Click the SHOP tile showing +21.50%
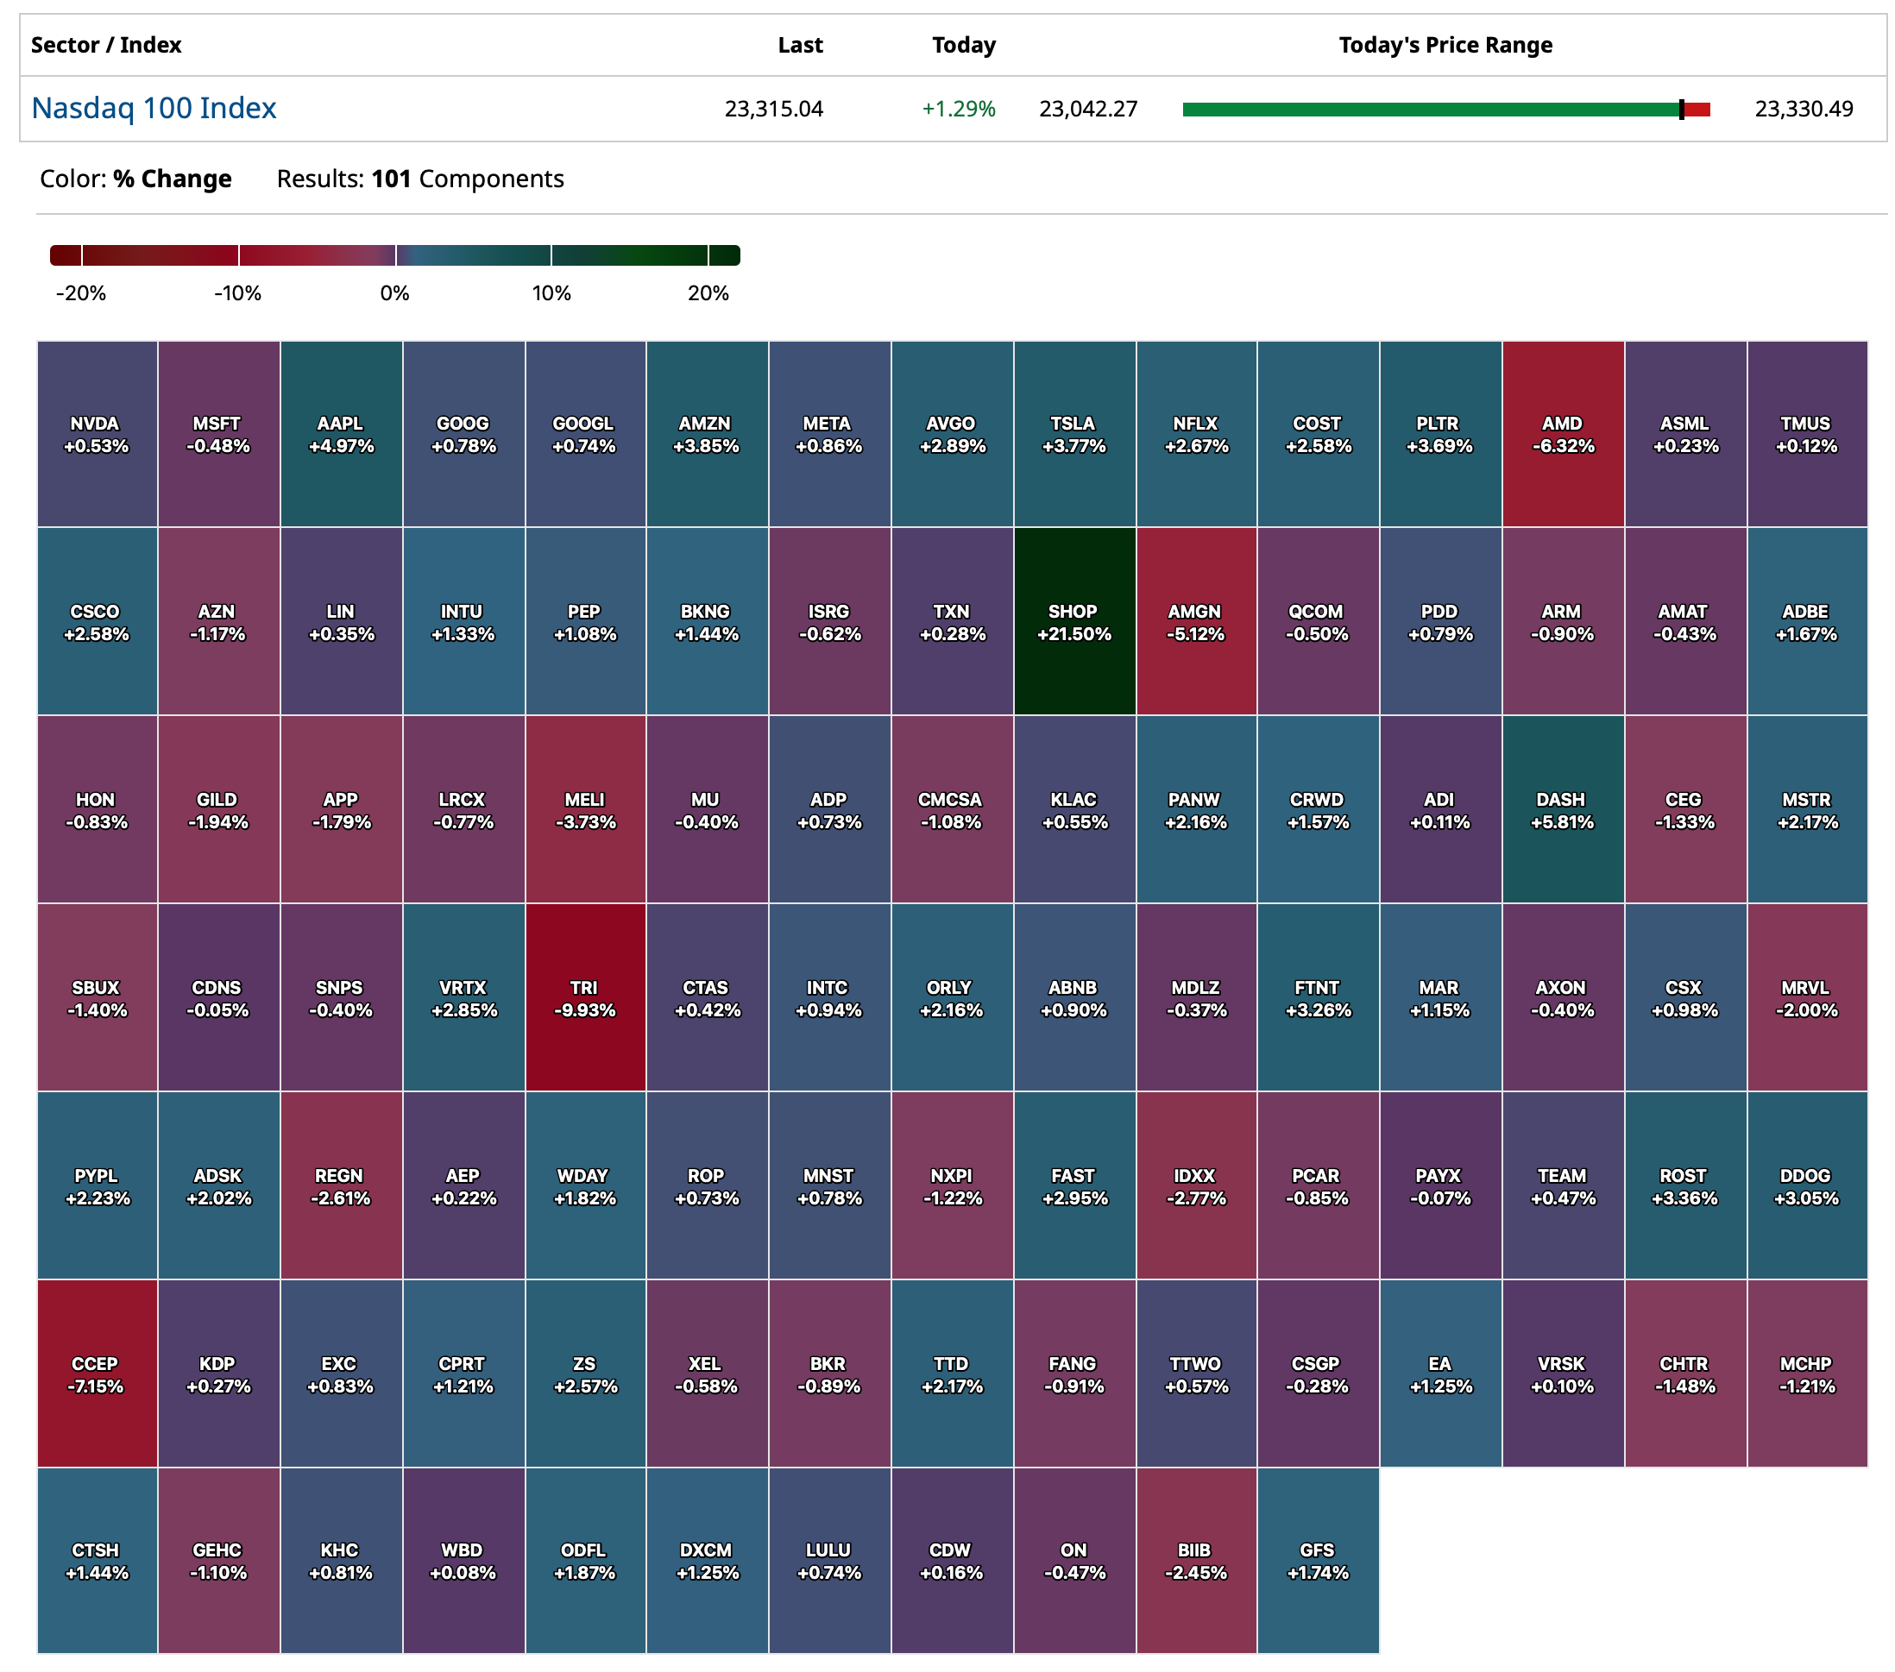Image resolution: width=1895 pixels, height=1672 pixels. click(1073, 622)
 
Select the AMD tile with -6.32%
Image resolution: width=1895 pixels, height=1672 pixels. click(1562, 434)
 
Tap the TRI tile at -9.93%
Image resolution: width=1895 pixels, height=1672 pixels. click(584, 998)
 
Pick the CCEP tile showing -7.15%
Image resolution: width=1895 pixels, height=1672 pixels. click(96, 1374)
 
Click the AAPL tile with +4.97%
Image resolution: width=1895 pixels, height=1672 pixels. click(340, 434)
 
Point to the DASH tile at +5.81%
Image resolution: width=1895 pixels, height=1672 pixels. click(1562, 810)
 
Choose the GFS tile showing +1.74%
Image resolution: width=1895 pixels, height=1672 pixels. click(1318, 1561)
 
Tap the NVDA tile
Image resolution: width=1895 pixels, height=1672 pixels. click(96, 434)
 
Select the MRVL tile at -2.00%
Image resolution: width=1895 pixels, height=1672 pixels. click(1806, 998)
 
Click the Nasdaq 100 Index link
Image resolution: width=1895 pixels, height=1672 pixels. click(154, 109)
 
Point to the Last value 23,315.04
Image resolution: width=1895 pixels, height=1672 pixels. click(773, 110)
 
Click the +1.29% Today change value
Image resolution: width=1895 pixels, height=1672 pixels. click(958, 110)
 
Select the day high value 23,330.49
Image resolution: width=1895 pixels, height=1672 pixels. click(1804, 110)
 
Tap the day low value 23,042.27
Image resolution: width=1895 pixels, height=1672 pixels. click(1087, 110)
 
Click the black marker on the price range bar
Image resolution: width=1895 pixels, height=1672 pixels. click(1681, 110)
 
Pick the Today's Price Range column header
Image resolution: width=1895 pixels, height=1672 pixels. click(1445, 45)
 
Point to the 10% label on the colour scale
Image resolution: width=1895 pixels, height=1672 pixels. click(551, 292)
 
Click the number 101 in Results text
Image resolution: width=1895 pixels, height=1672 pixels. click(390, 179)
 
